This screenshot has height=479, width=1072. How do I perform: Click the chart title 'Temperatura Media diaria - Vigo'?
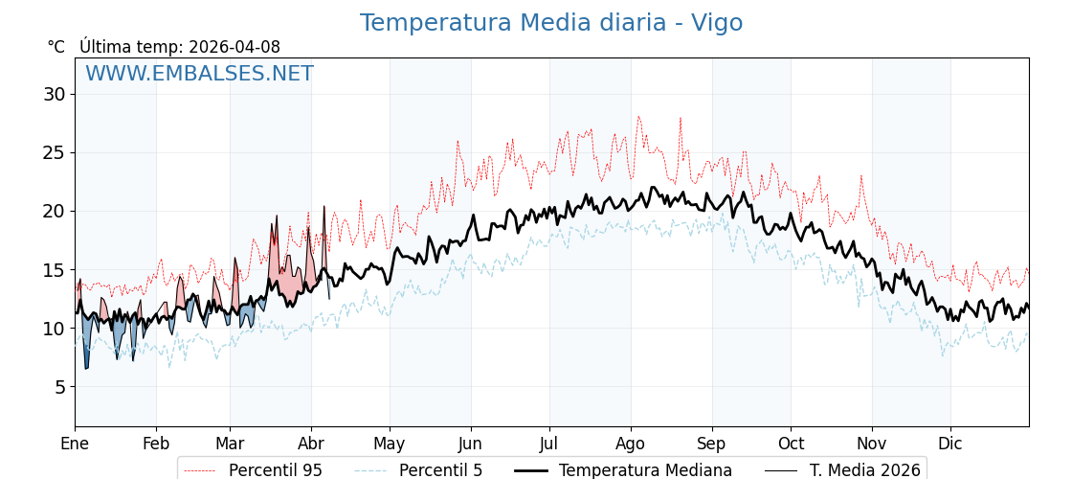click(550, 23)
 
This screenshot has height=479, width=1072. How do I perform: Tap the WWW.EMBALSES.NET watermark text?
click(199, 74)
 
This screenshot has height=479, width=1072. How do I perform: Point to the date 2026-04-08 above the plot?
click(234, 47)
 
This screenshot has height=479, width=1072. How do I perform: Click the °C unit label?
click(56, 47)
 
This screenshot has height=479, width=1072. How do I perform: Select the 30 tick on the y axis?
click(54, 94)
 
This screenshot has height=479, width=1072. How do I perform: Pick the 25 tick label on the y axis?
click(54, 152)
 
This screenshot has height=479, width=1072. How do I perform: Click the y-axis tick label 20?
click(54, 211)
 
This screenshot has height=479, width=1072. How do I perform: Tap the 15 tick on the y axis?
click(54, 270)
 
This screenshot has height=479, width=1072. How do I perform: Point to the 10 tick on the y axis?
click(54, 329)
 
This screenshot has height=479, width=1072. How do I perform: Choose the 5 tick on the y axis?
click(58, 387)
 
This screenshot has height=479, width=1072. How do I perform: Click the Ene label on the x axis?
click(75, 444)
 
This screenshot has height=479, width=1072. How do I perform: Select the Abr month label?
click(311, 444)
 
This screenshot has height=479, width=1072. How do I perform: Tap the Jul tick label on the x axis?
click(549, 444)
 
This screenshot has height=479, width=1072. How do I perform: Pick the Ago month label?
click(631, 444)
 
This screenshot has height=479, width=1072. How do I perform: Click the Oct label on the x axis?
click(791, 444)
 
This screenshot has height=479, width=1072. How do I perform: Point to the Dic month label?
click(950, 444)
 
